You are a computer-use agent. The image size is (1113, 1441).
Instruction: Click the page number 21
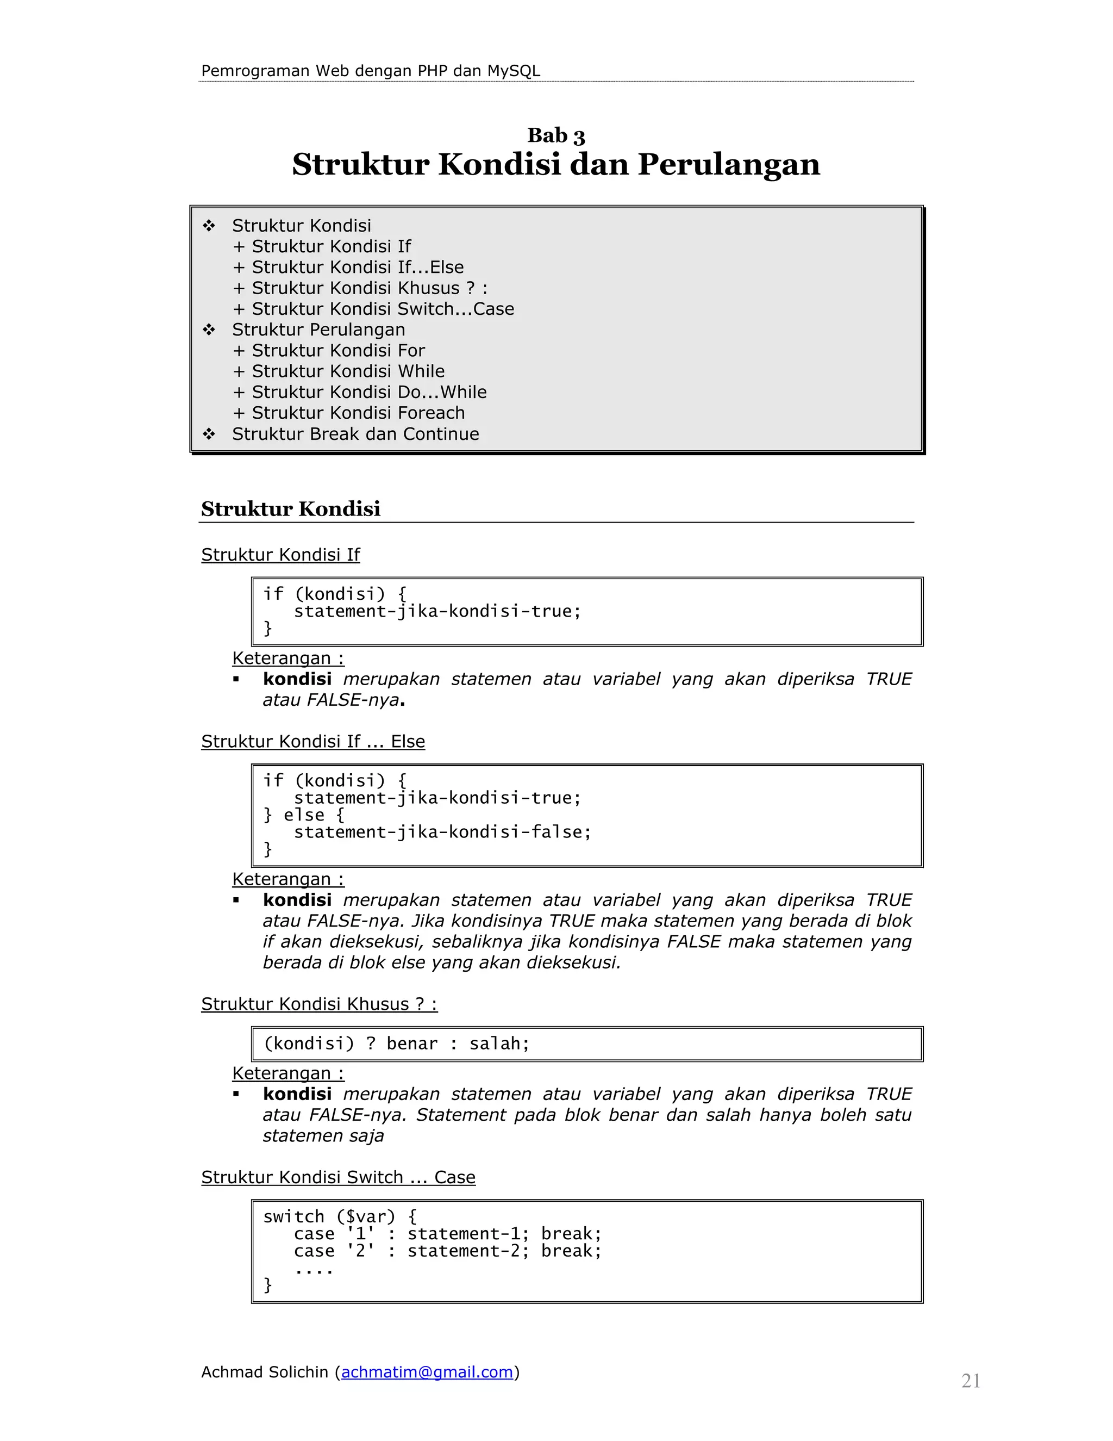(971, 1381)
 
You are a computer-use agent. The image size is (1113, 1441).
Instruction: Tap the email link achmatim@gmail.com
(427, 1372)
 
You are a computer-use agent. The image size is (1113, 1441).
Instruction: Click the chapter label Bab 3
(556, 135)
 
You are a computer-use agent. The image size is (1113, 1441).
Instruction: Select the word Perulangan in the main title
(729, 165)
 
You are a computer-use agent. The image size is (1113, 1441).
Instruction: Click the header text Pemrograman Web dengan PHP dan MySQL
(371, 71)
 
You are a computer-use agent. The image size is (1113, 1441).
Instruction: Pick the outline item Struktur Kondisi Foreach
(358, 413)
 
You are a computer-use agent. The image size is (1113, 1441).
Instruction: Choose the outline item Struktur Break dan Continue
(355, 434)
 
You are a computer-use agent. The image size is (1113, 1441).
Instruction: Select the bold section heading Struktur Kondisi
(291, 509)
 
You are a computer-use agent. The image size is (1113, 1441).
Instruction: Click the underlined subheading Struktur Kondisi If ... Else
(313, 742)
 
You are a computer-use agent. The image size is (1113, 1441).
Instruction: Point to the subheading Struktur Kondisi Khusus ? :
(319, 1004)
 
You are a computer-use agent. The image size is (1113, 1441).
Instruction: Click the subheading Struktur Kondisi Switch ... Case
(338, 1178)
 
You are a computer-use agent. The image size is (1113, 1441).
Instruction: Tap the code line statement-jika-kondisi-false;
(442, 832)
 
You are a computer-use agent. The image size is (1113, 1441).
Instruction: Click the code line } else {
(303, 815)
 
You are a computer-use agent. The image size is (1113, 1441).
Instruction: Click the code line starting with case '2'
(448, 1251)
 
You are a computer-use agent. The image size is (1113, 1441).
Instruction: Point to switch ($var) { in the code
(340, 1216)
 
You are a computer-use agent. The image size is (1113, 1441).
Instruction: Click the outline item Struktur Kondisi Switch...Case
(383, 309)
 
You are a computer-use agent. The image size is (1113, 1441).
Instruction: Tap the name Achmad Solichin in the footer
(265, 1372)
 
